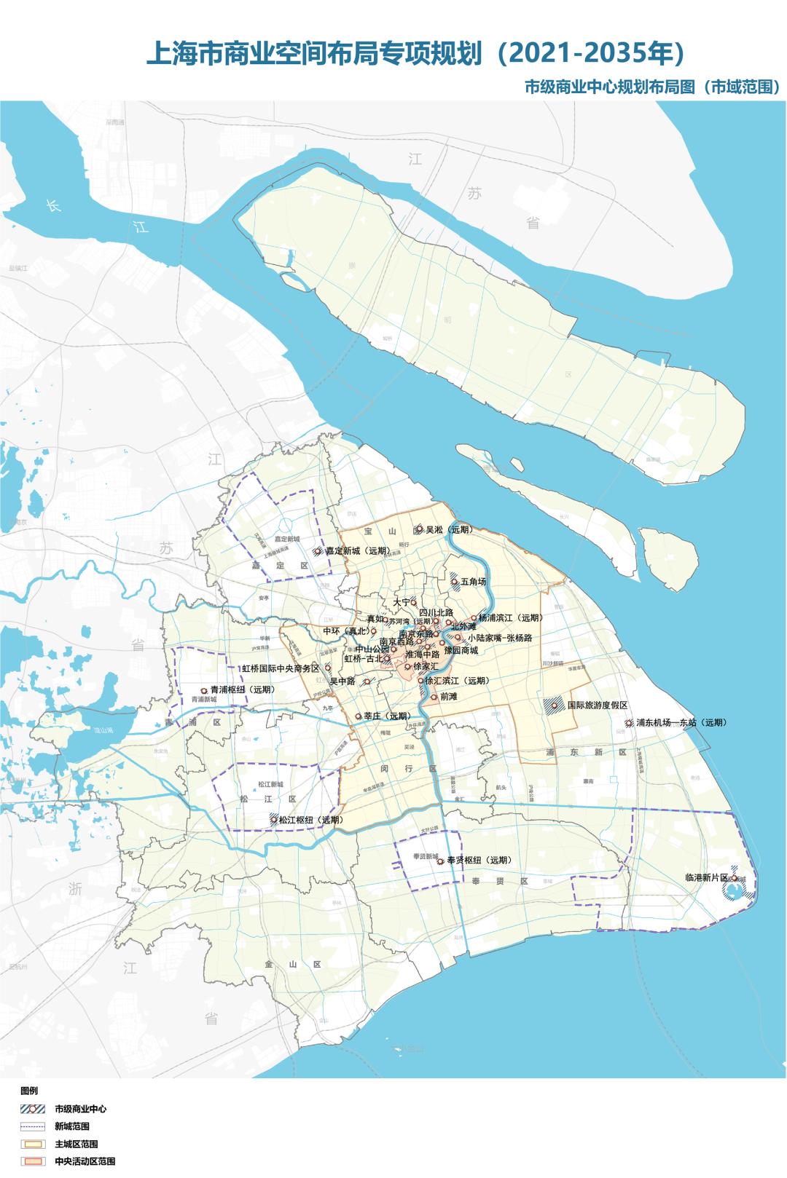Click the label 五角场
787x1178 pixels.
point(474,582)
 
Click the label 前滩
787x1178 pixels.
point(449,696)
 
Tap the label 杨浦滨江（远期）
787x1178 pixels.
point(511,617)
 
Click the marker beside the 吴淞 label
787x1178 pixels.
point(419,529)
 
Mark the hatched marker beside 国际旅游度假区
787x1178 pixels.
point(555,706)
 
